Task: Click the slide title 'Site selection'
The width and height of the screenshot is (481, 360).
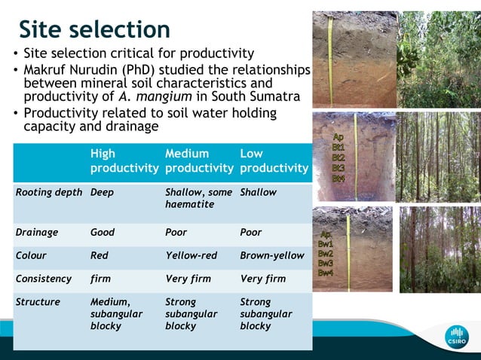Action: pos(94,29)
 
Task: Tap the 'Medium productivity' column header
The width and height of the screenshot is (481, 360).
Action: pos(198,160)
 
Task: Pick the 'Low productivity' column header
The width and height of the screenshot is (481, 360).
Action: pos(274,160)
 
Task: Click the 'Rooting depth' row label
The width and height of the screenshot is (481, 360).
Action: pos(49,193)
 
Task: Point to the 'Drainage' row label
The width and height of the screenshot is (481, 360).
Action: pos(37,233)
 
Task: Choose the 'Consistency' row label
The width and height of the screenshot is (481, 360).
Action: pos(44,279)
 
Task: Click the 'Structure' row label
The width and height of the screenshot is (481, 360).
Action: pos(38,302)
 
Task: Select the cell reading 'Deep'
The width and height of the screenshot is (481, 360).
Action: pos(102,193)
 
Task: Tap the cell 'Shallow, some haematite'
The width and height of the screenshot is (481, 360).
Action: pos(198,198)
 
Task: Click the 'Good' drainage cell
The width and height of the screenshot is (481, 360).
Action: pos(103,233)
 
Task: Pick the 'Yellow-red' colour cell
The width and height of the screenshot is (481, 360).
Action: pos(191,256)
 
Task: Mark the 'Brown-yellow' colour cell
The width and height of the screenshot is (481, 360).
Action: pos(272,256)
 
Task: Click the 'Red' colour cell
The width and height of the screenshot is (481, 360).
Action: pos(100,256)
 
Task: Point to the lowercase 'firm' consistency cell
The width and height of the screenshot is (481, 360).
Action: pos(100,279)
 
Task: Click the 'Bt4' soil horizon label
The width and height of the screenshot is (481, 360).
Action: pos(339,178)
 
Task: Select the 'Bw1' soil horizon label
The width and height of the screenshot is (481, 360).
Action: pos(326,244)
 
